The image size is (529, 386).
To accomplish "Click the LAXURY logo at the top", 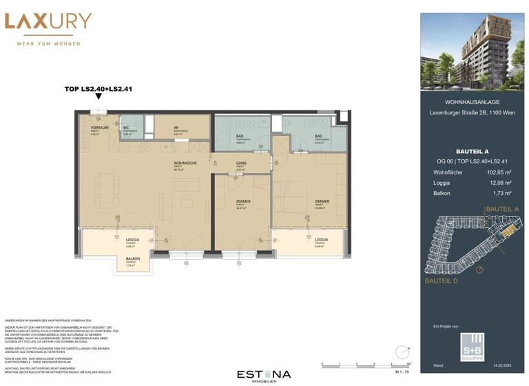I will tap(48, 21).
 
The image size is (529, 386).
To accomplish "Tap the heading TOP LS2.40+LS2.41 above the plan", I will tap(99, 88).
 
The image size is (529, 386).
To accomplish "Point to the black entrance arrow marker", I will tap(99, 97).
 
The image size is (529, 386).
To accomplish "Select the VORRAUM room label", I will tap(100, 128).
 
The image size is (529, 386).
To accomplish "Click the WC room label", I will tap(126, 128).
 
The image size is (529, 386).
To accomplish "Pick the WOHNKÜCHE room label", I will tap(183, 163).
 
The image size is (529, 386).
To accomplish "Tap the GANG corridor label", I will tap(240, 163).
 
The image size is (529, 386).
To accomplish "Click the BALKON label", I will tap(133, 259).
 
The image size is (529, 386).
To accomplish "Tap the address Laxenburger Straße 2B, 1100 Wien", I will tap(472, 113).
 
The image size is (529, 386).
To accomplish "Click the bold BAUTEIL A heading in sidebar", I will tap(472, 151).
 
